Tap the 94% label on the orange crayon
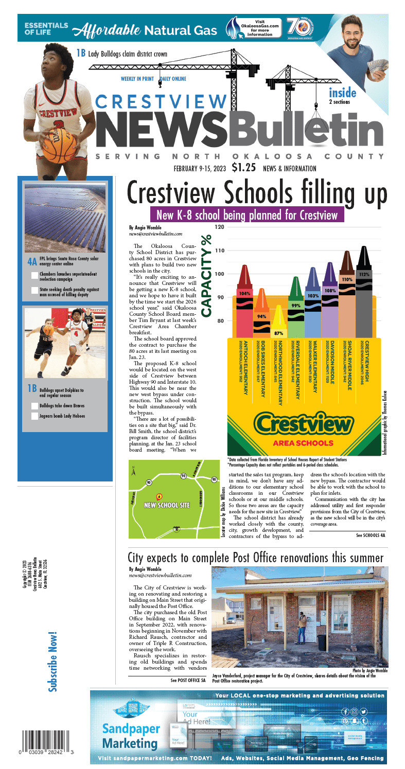261,316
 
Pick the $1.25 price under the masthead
244,167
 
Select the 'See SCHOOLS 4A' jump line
370,535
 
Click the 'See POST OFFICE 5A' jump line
188,680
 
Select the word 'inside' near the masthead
342,93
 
